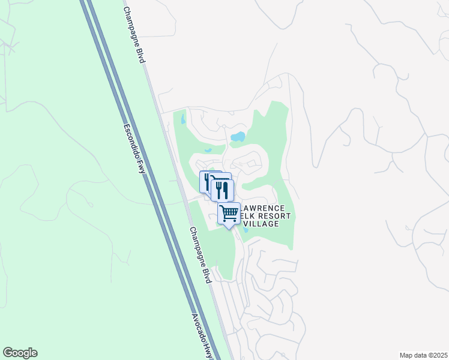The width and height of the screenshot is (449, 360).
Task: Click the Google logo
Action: coord(20,353)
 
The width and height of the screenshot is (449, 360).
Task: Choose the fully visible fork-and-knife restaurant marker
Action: coord(222,190)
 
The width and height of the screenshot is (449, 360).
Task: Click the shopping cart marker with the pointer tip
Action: coord(229,214)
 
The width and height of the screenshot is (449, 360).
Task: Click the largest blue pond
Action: coord(238,137)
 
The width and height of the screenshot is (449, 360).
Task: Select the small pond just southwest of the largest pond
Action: coord(208,150)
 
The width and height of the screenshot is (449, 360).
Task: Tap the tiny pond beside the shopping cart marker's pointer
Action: coord(246,229)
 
